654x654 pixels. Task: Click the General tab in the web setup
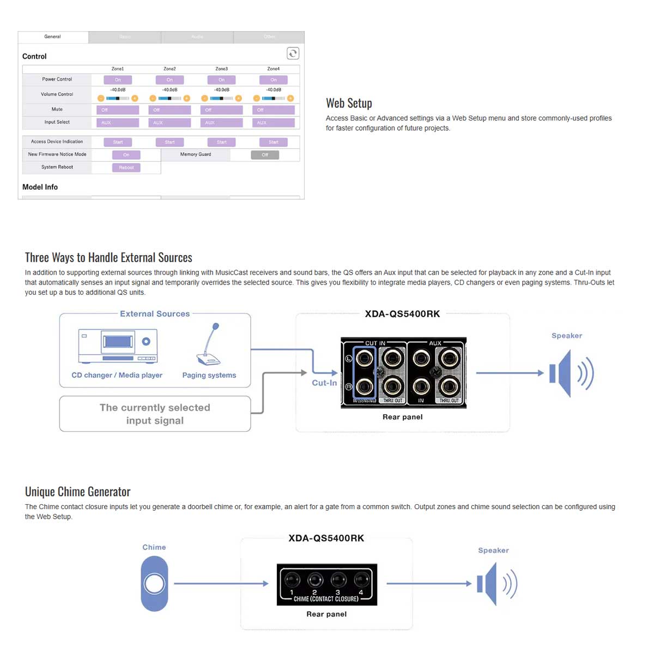click(52, 37)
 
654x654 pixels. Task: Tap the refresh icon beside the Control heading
click(293, 53)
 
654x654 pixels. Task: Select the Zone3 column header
click(221, 69)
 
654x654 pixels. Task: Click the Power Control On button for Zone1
click(118, 80)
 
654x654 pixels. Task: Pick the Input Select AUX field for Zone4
click(274, 123)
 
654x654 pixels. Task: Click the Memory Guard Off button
click(265, 155)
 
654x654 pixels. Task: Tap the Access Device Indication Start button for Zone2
click(169, 142)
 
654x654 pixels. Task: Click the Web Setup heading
click(349, 103)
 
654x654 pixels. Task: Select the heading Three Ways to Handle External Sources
click(108, 257)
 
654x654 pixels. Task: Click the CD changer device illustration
click(118, 346)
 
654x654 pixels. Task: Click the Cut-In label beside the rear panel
click(324, 383)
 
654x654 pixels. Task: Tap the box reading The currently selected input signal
click(155, 414)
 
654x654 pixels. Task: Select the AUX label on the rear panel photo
click(435, 343)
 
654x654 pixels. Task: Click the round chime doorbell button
click(154, 584)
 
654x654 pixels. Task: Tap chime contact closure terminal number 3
click(338, 580)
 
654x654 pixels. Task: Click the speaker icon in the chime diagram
click(496, 584)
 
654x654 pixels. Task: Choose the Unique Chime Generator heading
click(78, 492)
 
